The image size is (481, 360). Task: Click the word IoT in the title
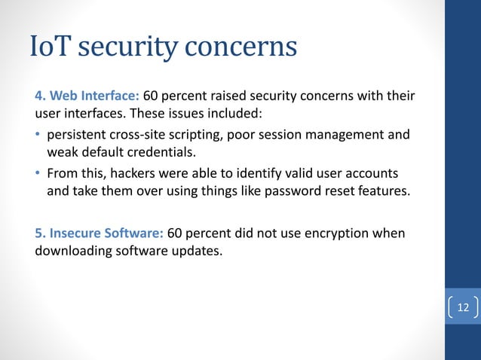[x=52, y=47]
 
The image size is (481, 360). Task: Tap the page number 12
[x=462, y=307]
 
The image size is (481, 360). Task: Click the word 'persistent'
[x=80, y=136]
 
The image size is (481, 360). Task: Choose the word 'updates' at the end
[x=198, y=251]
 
